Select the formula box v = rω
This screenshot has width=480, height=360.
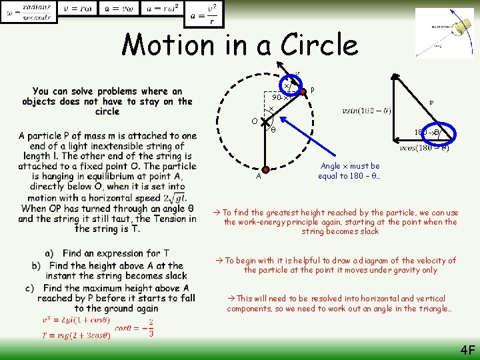click(x=77, y=8)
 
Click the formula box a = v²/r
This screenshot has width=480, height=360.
click(x=203, y=14)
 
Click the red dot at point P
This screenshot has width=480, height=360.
click(x=299, y=90)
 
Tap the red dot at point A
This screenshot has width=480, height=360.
click(x=265, y=170)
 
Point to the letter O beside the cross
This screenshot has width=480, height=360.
click(x=255, y=121)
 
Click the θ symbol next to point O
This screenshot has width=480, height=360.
click(x=273, y=130)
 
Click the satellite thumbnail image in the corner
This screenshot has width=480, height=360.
click(x=444, y=32)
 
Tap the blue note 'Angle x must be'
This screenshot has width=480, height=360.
click(x=349, y=166)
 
